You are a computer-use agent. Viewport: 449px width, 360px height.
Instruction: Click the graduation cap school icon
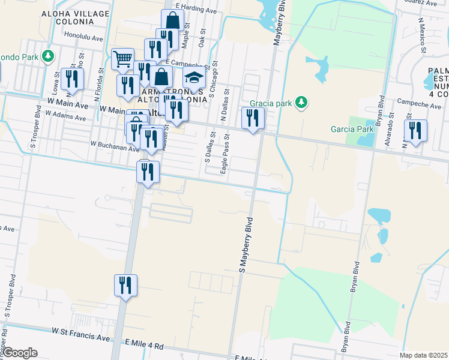194,79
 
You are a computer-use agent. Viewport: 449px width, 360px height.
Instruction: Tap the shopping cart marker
122,59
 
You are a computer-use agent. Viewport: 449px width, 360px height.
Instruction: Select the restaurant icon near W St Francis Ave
125,285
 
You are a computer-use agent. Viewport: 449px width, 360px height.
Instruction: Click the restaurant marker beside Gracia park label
253,118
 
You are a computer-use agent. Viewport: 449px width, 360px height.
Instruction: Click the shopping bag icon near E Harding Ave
172,20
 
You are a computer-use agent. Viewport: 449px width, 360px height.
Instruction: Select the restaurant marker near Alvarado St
415,130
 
